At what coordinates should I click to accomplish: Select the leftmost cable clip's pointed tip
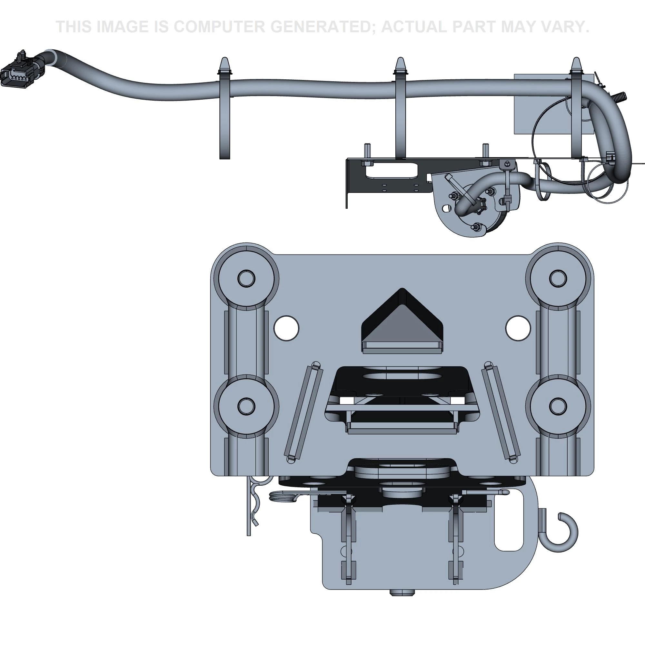pyautogui.click(x=224, y=64)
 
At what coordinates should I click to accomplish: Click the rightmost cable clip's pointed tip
pyautogui.click(x=576, y=64)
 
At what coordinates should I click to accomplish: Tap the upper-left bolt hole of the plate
pyautogui.click(x=246, y=278)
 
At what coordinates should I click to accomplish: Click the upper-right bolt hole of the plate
pyautogui.click(x=558, y=278)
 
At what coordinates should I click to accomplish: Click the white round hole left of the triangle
pyautogui.click(x=286, y=328)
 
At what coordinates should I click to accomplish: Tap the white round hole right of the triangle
pyautogui.click(x=518, y=328)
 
